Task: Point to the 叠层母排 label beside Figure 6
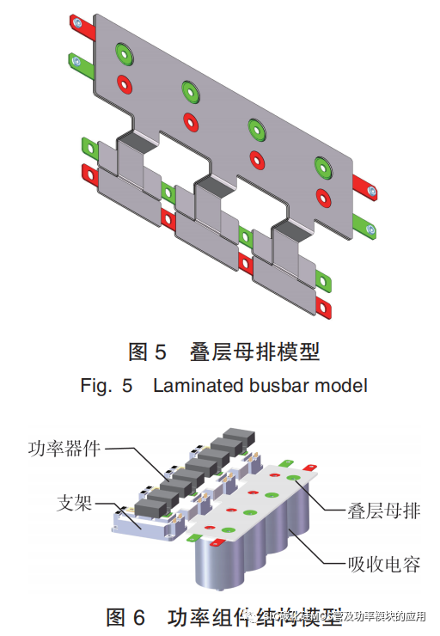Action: tap(384, 511)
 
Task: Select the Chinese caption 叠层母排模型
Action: tap(258, 352)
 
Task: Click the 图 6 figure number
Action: tap(128, 617)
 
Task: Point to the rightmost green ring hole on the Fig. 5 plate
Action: tap(322, 164)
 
